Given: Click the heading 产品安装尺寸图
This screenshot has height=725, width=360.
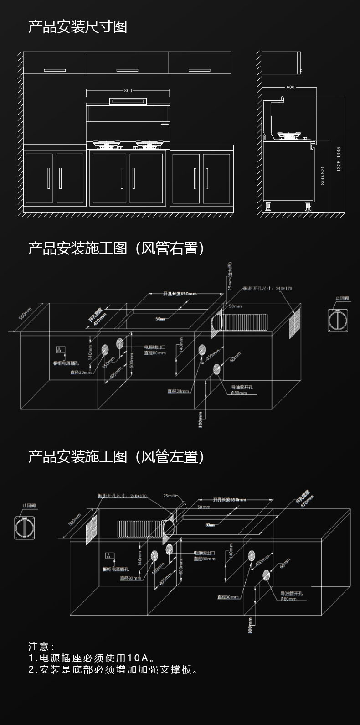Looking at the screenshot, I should tap(77, 27).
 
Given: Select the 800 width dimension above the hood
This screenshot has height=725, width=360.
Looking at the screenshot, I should tap(128, 91).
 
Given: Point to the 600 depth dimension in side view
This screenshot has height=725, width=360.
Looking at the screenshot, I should tap(290, 87).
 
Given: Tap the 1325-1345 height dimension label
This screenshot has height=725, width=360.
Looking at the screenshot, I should tap(338, 159).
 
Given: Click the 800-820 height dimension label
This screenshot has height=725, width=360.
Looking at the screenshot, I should tap(323, 175).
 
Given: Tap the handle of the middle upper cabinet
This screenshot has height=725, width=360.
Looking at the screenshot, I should tap(127, 70).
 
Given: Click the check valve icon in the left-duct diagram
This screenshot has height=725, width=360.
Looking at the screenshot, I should tap(26, 528).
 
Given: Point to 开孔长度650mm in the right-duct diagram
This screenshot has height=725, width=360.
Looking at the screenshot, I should tap(180, 294).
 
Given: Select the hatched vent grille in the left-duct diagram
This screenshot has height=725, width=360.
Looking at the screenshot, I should tap(93, 529).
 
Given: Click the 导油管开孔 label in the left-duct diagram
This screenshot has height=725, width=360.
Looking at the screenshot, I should tap(291, 593).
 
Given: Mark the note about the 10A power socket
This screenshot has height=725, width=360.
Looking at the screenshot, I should tap(91, 658).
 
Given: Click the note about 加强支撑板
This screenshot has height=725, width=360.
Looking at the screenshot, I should tap(113, 670).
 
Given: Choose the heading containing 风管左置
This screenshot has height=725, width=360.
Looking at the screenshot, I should tap(117, 456).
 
